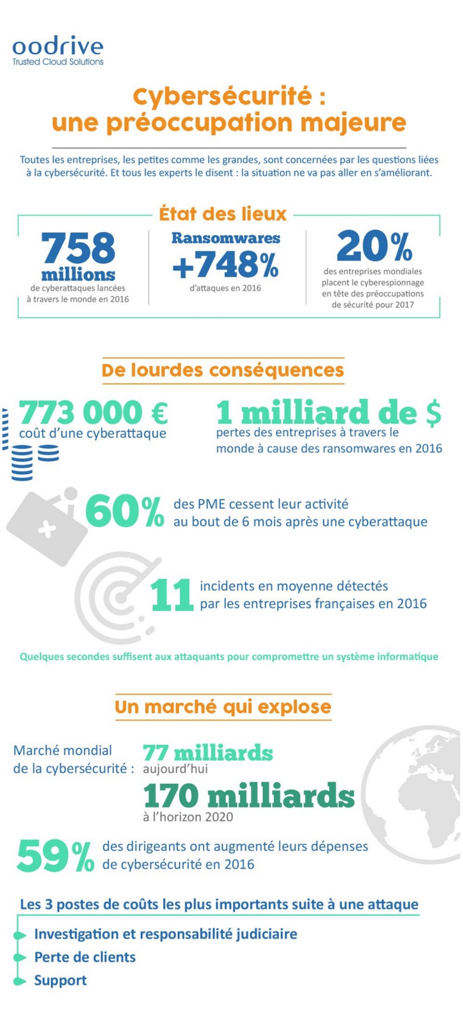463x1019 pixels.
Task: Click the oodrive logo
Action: pos(57,51)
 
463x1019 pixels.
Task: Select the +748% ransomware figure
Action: pos(225,265)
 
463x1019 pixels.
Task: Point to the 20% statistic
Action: pos(374,246)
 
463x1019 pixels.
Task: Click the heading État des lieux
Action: pos(223,214)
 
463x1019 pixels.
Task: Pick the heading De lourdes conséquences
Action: pos(223,370)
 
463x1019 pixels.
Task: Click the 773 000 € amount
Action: pos(94,412)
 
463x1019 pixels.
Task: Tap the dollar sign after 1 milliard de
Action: pos(432,413)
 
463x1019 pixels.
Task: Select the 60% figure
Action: pos(125,511)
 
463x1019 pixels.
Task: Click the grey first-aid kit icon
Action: pos(47,519)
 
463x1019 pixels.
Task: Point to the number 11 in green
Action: pos(171,595)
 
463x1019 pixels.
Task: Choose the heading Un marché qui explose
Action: pos(223,707)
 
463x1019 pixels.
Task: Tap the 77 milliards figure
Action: pos(208,753)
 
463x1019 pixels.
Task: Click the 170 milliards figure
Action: pos(248,795)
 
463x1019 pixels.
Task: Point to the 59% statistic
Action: pos(55,856)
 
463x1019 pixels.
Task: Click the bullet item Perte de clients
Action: pos(85,957)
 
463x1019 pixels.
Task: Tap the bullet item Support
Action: pos(61,980)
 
